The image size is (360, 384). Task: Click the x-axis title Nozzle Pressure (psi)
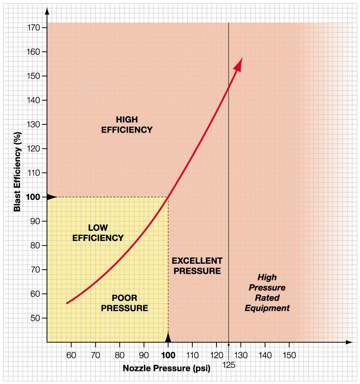click(x=166, y=369)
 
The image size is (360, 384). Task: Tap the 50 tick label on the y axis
click(x=36, y=318)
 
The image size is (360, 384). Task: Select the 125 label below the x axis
click(x=229, y=364)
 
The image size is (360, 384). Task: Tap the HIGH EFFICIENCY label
click(x=126, y=124)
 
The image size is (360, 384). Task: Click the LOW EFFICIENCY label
click(x=98, y=232)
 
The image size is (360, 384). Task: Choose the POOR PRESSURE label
click(x=124, y=303)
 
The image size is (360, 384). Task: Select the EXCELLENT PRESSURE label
click(x=196, y=266)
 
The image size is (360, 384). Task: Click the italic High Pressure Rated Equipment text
click(x=267, y=292)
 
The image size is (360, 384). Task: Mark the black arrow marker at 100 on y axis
click(x=51, y=197)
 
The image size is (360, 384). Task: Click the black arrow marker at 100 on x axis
click(x=168, y=338)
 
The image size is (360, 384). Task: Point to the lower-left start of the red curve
click(x=67, y=303)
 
